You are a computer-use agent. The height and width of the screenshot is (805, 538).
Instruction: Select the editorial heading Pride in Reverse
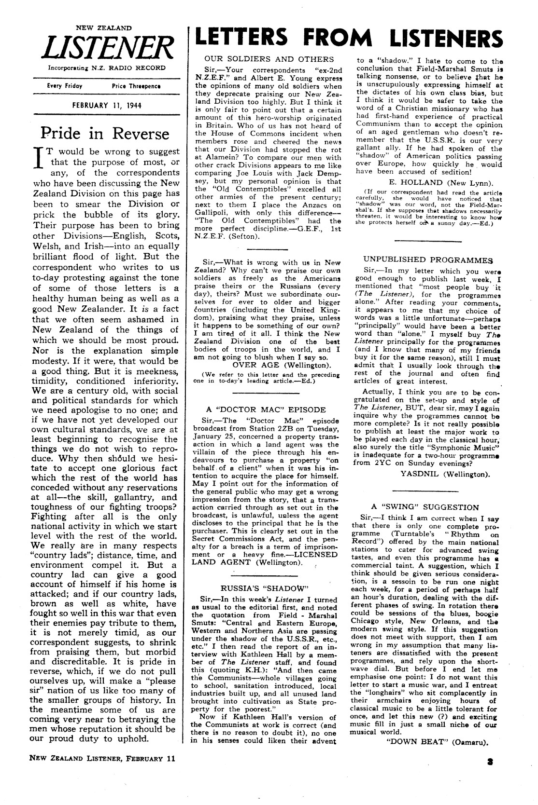(105, 133)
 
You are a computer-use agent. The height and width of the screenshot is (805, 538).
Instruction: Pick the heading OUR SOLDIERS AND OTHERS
(269, 59)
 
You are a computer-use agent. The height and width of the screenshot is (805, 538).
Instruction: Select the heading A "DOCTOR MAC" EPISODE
(266, 410)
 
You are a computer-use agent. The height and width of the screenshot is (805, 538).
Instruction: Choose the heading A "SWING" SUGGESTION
(425, 507)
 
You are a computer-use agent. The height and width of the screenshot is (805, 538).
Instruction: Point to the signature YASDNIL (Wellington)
(445, 474)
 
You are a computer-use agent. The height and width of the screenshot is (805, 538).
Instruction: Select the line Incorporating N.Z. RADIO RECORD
(106, 68)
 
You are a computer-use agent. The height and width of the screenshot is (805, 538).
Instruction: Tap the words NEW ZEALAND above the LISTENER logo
(107, 28)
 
